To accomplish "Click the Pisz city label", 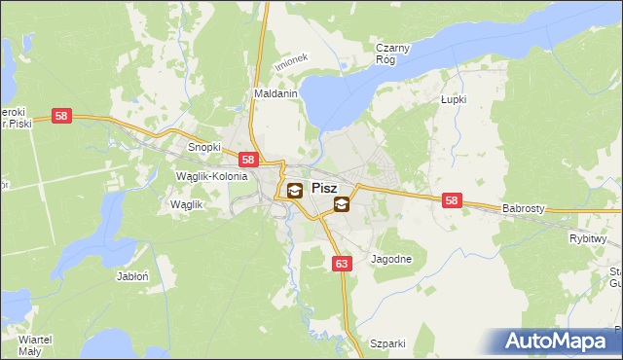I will (324, 189).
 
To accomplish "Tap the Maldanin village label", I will (275, 94).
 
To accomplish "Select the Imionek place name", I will (290, 60).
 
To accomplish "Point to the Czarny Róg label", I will (394, 52).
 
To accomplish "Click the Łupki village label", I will (454, 100).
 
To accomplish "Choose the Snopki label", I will (204, 147).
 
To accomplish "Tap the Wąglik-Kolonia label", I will (211, 176).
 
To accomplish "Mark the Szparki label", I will (387, 343).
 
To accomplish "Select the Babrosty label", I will (528, 208).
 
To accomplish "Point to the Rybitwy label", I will (588, 238).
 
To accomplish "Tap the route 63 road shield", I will (341, 264).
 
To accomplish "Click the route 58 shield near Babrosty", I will (451, 200).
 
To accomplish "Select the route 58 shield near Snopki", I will (248, 161).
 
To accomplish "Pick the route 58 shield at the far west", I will (62, 116).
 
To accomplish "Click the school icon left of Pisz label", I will (294, 190).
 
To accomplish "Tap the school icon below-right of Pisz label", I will (342, 204).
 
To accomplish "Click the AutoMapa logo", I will (561, 341).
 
